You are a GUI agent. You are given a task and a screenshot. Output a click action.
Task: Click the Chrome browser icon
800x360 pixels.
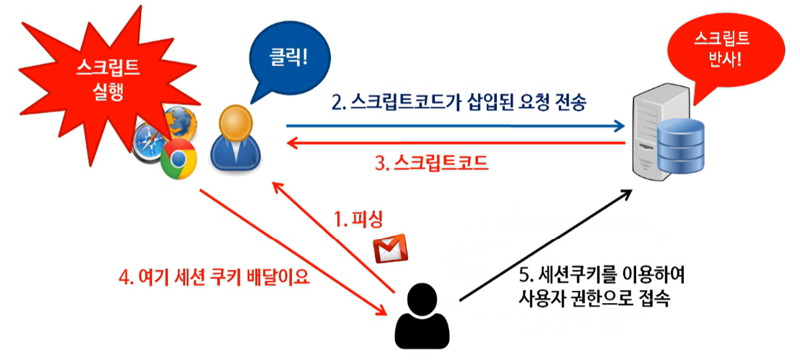[x=178, y=160]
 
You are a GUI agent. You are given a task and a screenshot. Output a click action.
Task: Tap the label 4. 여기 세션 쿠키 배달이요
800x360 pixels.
[x=214, y=278]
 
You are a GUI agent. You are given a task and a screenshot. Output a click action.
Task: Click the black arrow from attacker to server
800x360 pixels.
[x=545, y=245]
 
